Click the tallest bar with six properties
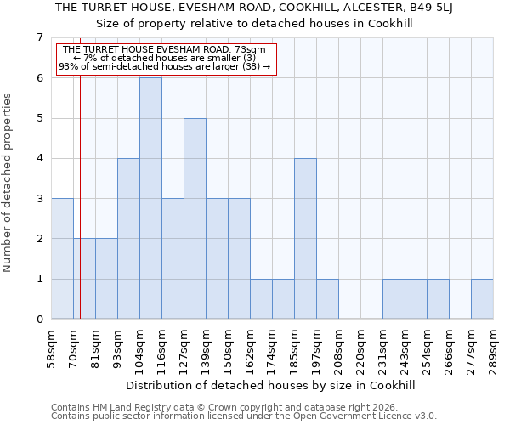(150, 198)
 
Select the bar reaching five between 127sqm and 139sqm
(195, 218)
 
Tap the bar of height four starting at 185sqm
(305, 239)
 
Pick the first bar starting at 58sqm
(62, 258)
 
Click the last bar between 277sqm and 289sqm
(482, 299)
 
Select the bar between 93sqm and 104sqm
(128, 239)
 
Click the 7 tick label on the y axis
(39, 37)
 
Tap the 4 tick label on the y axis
(39, 158)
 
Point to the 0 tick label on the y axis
(39, 320)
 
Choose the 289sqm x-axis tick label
(493, 346)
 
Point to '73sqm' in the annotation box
(251, 49)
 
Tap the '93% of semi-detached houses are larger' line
(167, 67)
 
